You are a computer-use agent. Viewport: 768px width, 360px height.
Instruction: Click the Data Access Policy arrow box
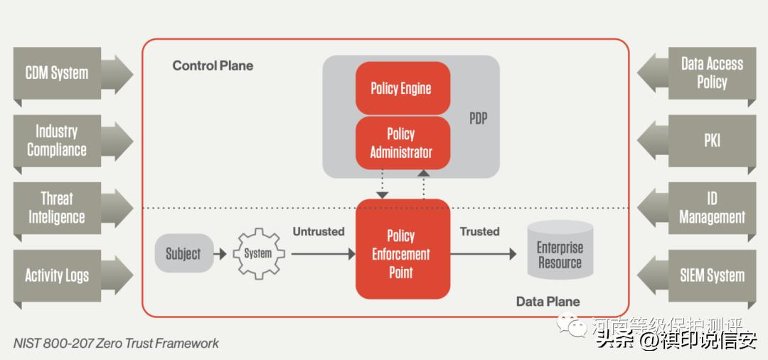[704, 73]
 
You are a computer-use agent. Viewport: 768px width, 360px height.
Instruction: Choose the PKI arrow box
[704, 141]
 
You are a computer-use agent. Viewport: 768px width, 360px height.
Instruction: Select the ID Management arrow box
[704, 208]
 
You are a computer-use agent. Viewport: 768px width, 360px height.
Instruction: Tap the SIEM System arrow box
[704, 275]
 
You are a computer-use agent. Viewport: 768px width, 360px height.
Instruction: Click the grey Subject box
[184, 253]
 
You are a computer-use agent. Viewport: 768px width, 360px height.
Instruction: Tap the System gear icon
[257, 253]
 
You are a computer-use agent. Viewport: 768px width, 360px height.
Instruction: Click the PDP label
[479, 118]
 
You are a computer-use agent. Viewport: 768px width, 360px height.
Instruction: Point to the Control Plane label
[213, 65]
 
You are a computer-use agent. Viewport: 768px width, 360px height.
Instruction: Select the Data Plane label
[548, 302]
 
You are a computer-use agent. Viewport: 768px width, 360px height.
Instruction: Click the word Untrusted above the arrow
[318, 232]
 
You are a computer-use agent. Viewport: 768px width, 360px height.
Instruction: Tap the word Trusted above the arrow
[479, 232]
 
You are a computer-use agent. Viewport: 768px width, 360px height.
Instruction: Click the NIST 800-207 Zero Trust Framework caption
[116, 344]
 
